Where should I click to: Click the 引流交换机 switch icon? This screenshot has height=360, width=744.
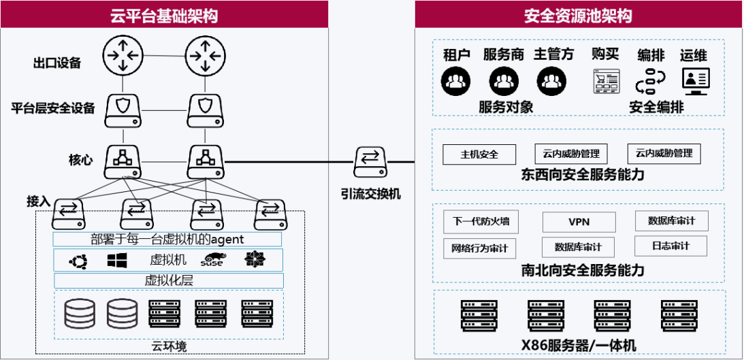(x=370, y=161)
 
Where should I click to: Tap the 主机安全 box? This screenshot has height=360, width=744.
(x=479, y=154)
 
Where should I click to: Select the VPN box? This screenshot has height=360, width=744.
(x=579, y=222)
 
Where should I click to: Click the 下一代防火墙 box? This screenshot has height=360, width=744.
(x=481, y=222)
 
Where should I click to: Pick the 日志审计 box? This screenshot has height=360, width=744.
(x=670, y=246)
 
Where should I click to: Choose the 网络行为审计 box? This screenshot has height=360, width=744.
(x=480, y=246)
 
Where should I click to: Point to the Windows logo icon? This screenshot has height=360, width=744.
(x=117, y=260)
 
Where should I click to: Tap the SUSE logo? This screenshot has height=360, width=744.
(x=212, y=260)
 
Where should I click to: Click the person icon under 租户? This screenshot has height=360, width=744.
(x=456, y=82)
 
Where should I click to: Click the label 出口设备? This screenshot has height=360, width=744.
(x=57, y=63)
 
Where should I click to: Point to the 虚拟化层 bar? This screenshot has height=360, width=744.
(x=167, y=280)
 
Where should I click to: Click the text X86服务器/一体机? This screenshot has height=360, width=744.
(x=579, y=346)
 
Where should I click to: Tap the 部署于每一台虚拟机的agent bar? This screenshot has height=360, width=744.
(x=167, y=239)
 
